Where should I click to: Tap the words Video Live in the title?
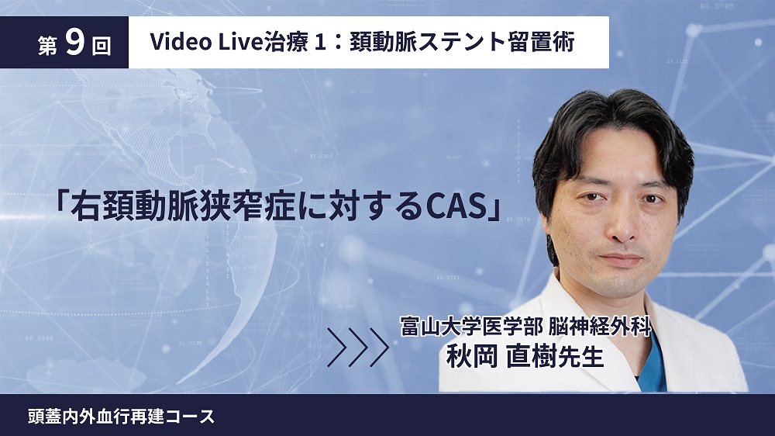pyautogui.click(x=205, y=42)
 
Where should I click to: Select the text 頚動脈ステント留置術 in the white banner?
pyautogui.click(x=462, y=42)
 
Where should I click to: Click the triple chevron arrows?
pyautogui.click(x=358, y=347)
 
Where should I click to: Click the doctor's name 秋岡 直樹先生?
pyautogui.click(x=525, y=356)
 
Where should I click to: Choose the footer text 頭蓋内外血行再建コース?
pyautogui.click(x=122, y=416)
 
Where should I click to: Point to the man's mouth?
pyautogui.click(x=622, y=259)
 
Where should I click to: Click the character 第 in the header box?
pyautogui.click(x=47, y=46)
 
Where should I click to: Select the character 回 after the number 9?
pyautogui.click(x=102, y=46)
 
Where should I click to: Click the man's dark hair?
pyautogui.click(x=613, y=119)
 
